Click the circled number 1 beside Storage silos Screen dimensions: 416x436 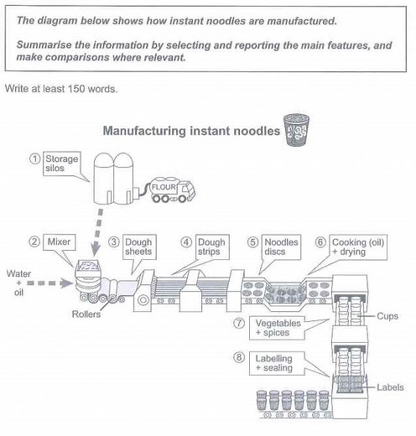tap(34, 159)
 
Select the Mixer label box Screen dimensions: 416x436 tap(59, 242)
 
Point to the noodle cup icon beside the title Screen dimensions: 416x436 tap(296, 130)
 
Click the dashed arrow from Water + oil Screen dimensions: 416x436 tap(49, 283)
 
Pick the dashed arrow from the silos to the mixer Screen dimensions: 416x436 tap(98, 232)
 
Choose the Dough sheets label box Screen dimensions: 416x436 tap(139, 247)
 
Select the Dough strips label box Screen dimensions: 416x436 tap(212, 247)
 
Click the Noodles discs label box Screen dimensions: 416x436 tap(281, 247)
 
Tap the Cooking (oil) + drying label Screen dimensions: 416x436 tap(358, 247)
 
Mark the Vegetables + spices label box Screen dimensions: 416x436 tap(277, 328)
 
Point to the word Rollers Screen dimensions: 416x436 tap(86, 314)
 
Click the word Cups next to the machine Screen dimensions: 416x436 tap(387, 316)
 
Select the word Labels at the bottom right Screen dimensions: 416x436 tap(390, 387)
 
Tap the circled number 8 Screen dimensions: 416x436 tap(239, 357)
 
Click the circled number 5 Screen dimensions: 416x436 tap(252, 242)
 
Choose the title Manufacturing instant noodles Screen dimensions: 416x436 tap(191, 131)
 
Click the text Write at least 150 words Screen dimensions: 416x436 tap(61, 89)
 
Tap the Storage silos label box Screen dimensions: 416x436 tap(62, 163)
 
